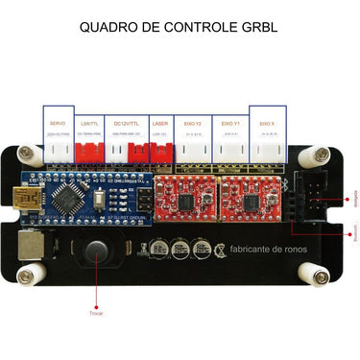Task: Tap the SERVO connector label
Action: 58,123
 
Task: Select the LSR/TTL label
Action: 89,123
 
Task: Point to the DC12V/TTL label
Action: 126,123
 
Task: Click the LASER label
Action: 159,123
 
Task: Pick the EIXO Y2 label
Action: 191,123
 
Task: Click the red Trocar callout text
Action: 96,313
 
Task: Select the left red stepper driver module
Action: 196,198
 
